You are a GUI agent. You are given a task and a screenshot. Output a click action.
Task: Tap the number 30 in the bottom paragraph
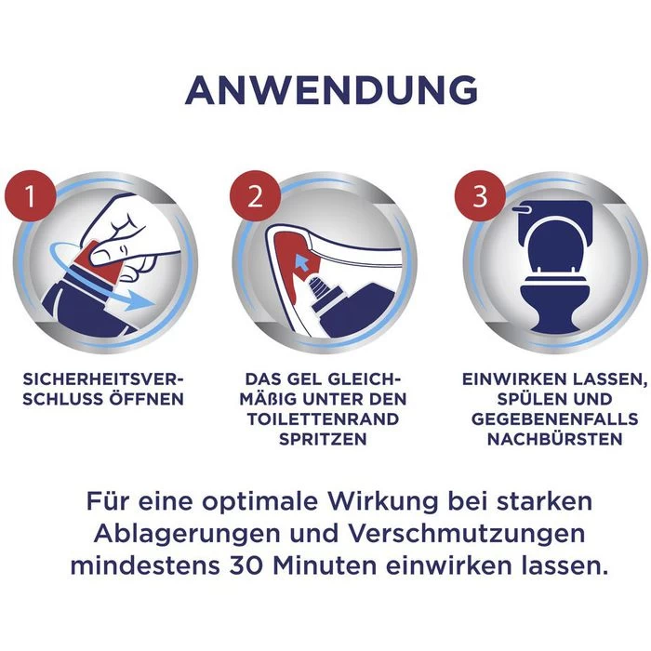(255, 565)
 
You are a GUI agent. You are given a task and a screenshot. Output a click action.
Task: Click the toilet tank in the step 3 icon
(554, 210)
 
